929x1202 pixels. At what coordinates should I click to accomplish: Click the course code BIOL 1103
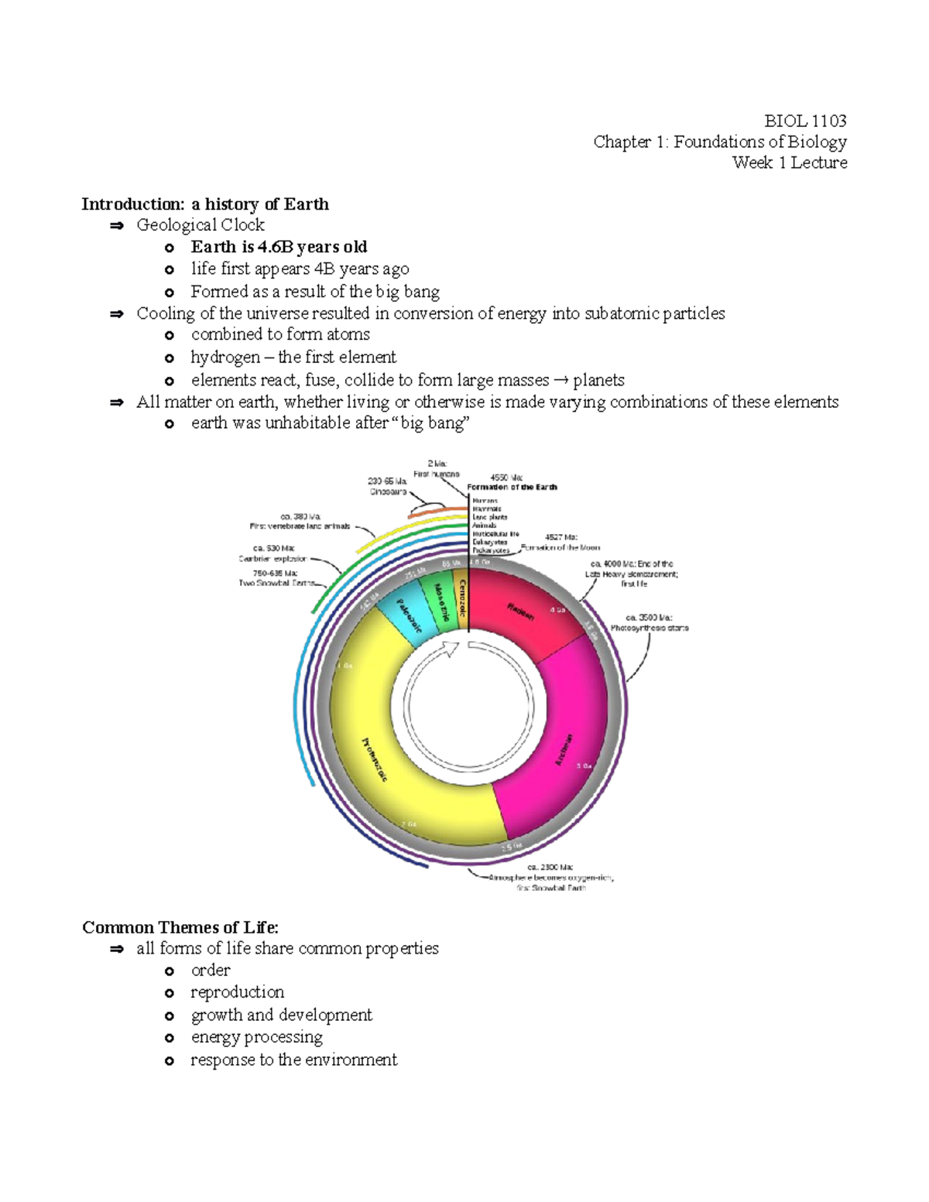coord(804,121)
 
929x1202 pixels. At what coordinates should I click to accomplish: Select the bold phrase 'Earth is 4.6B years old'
coord(279,247)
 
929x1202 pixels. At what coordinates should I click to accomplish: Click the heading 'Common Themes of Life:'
coord(180,927)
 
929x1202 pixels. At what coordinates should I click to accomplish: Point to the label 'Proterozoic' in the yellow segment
coord(375,759)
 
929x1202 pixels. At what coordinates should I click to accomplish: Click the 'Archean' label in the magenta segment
coord(564,749)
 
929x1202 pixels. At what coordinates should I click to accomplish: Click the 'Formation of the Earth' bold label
coord(512,487)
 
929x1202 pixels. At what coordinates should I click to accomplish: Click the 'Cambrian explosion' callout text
coord(273,558)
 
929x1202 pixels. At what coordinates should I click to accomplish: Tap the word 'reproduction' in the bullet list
coord(237,992)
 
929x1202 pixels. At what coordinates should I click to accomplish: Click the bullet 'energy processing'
coord(256,1037)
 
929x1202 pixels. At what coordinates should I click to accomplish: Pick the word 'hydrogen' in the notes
coord(225,358)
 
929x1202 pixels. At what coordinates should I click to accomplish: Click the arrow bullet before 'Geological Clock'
coord(117,226)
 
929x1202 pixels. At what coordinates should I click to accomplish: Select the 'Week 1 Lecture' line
coord(789,163)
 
